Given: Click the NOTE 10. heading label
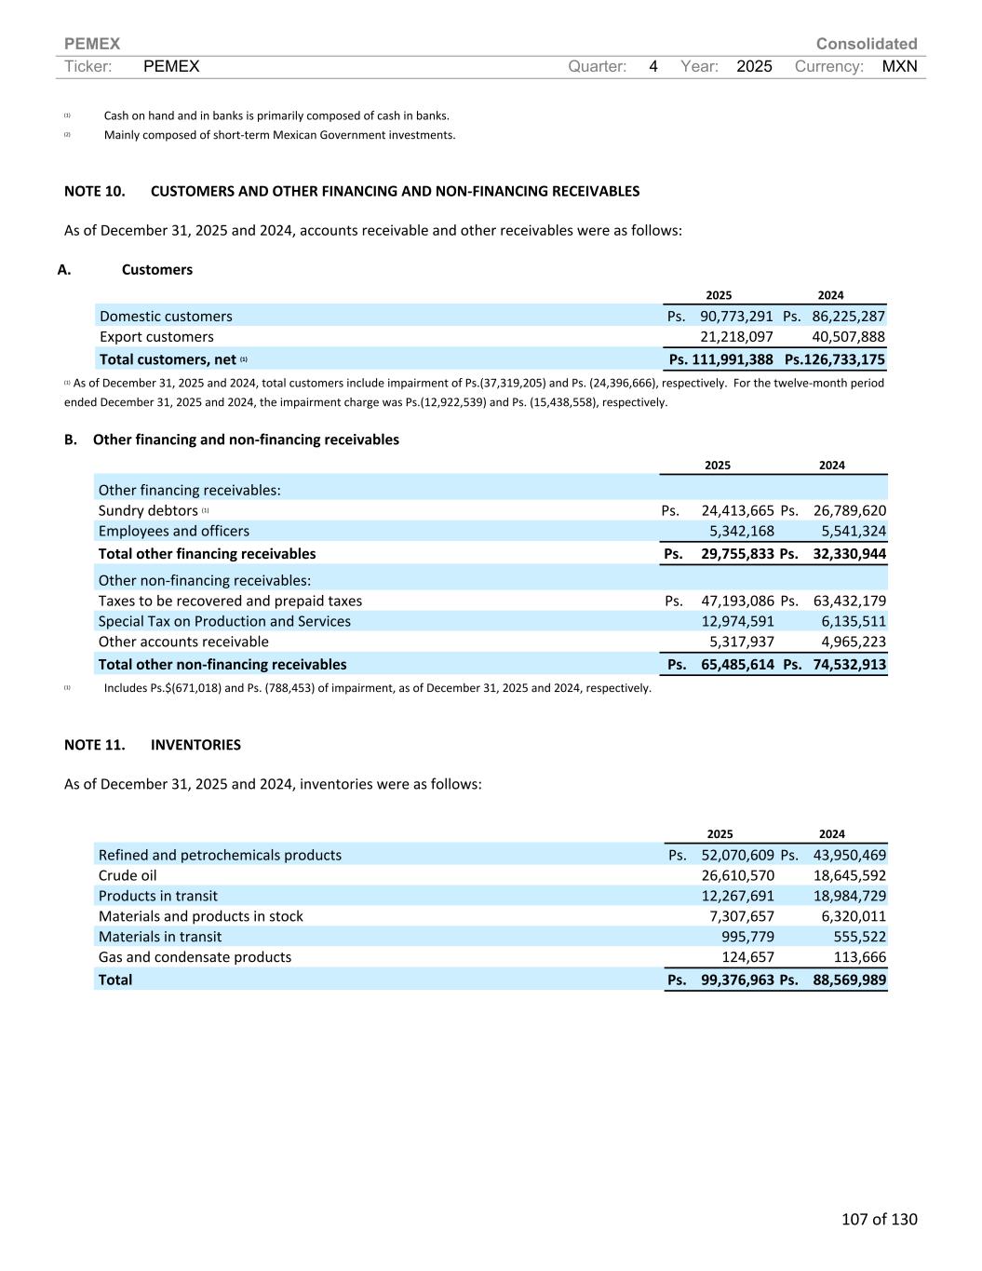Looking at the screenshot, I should tap(94, 191).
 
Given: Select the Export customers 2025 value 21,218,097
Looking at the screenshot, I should tap(736, 337).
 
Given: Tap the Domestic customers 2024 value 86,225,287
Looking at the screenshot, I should tap(848, 317).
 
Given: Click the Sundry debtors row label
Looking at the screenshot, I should tap(148, 510).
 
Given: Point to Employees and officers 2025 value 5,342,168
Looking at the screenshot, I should tap(741, 531).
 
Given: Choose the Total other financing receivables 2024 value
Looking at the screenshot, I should tap(849, 554).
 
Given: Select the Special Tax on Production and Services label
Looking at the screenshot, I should tap(224, 621).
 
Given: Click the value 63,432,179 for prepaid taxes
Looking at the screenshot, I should tap(849, 601).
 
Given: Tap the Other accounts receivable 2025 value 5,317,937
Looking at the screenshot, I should tap(741, 642).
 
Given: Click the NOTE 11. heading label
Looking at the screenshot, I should tap(94, 745).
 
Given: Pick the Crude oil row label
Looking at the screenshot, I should tap(128, 875).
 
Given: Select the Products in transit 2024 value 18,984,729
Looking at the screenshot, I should tap(849, 896).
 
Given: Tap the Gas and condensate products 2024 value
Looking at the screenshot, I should tap(860, 957).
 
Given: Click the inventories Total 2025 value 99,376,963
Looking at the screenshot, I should tap(737, 980).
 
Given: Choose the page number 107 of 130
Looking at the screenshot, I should tap(879, 1219).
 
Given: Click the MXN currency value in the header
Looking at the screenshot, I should tap(899, 66).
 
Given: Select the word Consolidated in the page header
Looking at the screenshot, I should tap(866, 44).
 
